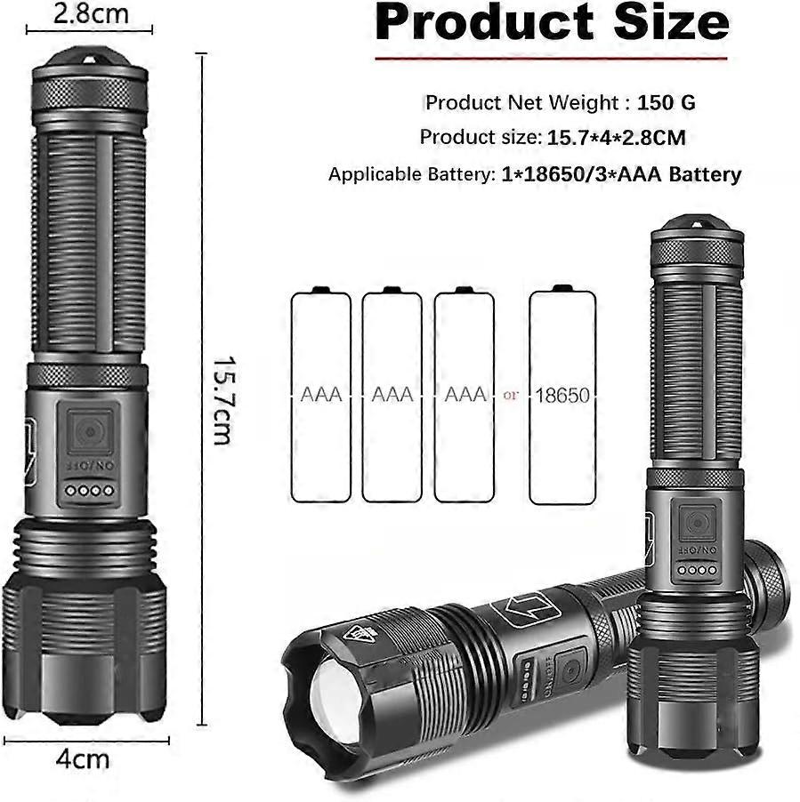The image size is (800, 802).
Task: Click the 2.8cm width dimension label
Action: click(x=91, y=13)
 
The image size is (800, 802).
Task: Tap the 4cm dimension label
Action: click(x=83, y=759)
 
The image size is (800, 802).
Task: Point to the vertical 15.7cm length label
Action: click(x=223, y=400)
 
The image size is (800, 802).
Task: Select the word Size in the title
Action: click(x=672, y=21)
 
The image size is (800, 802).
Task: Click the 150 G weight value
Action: click(x=667, y=103)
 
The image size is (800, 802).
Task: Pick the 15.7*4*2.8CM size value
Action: click(x=617, y=138)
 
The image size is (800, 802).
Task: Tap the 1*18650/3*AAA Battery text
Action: click(x=621, y=174)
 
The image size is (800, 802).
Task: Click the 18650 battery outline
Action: click(x=562, y=395)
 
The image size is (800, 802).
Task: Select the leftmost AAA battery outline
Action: click(x=321, y=395)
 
